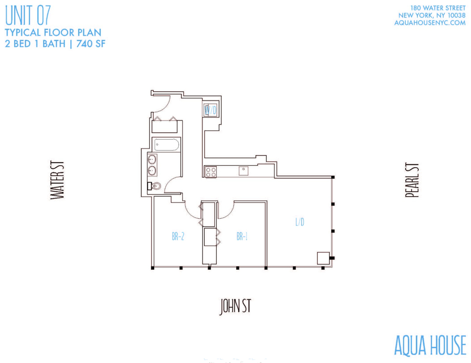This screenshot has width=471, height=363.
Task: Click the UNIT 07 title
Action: pos(28,16)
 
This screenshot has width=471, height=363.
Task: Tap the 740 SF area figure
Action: pos(91,44)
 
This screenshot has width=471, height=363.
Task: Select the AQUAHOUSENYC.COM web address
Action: pos(430,23)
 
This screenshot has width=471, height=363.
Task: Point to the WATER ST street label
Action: pos(57,180)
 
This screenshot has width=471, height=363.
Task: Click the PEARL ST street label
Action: pos(412,180)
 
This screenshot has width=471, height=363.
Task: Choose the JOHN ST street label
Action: pos(235,306)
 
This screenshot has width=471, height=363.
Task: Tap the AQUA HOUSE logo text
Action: pos(430,345)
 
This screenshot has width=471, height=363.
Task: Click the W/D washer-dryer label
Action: pos(210,110)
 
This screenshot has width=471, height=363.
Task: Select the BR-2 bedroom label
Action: pos(178,236)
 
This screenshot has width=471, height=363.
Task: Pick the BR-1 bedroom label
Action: pos(242,237)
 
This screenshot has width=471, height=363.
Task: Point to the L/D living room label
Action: pos(300,222)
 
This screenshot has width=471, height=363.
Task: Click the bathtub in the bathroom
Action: pos(166,145)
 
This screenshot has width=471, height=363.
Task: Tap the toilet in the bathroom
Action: pos(154,187)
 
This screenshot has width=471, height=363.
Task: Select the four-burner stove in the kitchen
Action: pos(211,172)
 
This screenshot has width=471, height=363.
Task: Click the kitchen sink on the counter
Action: pos(243,171)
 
